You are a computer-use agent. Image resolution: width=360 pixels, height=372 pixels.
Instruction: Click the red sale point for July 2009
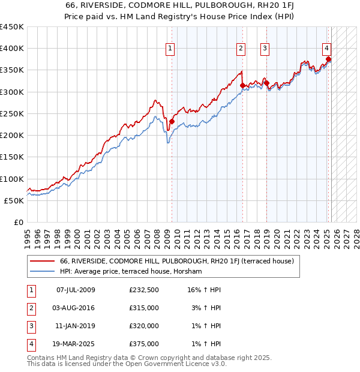[172, 121]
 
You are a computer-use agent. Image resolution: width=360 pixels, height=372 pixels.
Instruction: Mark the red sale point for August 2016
[242, 85]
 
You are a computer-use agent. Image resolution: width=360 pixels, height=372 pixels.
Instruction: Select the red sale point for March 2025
[329, 59]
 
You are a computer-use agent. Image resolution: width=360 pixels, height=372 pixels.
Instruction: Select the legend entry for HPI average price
[131, 272]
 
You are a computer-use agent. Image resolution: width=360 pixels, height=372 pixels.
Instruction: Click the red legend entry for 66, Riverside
[176, 262]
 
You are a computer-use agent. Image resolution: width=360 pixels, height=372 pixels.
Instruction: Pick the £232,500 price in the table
[144, 290]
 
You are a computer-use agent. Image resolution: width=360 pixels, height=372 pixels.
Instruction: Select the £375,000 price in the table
[144, 344]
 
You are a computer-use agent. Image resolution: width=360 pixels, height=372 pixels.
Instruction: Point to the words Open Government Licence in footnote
[165, 364]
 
